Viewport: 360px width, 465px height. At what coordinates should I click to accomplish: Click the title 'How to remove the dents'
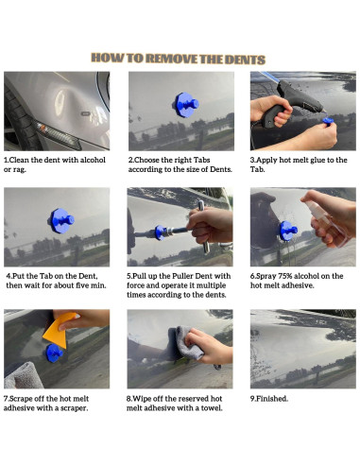click(179, 59)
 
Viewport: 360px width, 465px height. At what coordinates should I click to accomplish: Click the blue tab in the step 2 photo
click(186, 105)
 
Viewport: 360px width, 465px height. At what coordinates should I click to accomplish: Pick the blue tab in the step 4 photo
click(62, 220)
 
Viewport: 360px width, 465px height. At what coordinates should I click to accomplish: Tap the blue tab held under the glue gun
click(328, 121)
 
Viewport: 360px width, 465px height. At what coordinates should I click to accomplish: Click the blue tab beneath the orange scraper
click(54, 353)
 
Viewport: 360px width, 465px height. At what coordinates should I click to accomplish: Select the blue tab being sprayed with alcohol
click(288, 231)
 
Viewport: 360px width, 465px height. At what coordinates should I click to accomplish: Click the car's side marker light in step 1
click(59, 134)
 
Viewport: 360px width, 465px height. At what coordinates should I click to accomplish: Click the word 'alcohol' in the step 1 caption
click(93, 160)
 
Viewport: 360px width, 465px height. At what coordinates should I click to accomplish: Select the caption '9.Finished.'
click(269, 399)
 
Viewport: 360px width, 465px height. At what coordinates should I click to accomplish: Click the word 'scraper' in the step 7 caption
click(76, 408)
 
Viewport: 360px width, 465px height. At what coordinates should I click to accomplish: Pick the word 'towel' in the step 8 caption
click(213, 408)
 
